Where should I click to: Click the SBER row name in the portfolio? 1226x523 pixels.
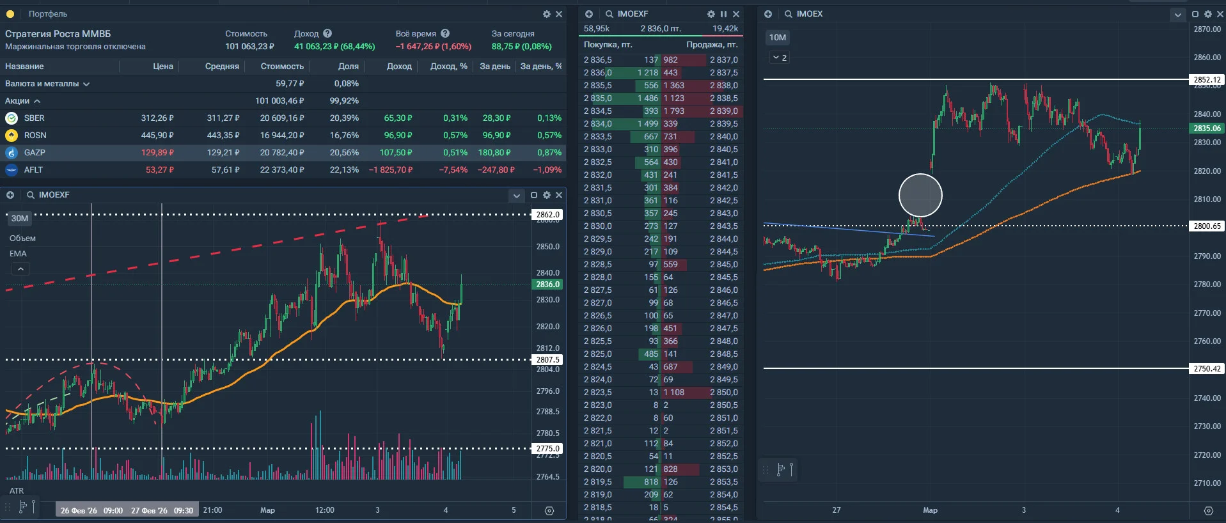34,118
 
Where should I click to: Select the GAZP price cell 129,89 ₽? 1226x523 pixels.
157,153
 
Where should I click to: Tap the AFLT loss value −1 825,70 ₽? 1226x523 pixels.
391,170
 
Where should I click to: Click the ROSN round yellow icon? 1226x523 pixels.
12,136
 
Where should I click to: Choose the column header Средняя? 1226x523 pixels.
222,66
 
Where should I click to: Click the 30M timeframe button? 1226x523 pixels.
20,219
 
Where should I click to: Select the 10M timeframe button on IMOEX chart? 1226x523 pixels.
778,38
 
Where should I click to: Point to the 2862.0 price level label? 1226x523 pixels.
548,215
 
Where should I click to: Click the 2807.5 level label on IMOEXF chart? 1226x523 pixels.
548,360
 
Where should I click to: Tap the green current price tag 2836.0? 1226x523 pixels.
548,285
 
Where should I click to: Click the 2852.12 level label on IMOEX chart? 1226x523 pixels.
1207,80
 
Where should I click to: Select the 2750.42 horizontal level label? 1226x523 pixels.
1207,369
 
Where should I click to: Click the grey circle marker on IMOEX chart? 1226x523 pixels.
920,195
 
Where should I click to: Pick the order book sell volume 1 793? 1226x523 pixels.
673,111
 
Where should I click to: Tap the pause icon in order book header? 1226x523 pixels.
723,14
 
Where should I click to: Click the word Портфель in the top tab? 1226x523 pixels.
48,14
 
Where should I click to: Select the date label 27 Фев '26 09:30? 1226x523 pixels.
162,511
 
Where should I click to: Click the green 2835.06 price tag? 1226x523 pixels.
1207,129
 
